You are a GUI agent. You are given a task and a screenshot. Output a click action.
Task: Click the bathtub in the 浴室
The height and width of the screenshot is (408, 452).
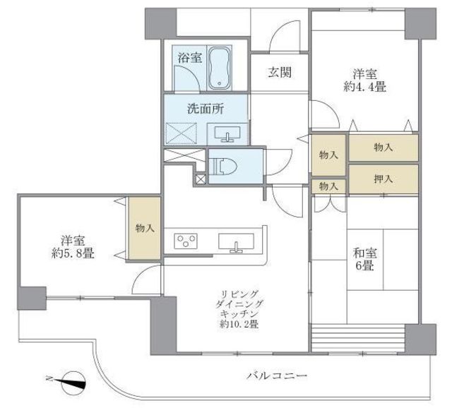(x=220, y=68)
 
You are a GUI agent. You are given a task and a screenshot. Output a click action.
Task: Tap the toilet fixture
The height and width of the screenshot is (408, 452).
(x=222, y=167)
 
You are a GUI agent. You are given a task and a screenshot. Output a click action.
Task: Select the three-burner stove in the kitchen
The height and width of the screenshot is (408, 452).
(x=186, y=241)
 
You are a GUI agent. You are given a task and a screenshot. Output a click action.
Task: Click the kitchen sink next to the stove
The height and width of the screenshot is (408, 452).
(x=236, y=242)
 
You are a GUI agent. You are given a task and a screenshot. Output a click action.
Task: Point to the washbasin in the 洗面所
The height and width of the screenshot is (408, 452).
(x=227, y=134)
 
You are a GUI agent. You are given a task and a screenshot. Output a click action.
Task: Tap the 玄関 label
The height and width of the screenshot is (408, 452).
(x=280, y=72)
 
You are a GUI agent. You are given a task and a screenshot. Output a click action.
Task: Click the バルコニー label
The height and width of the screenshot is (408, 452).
(x=277, y=376)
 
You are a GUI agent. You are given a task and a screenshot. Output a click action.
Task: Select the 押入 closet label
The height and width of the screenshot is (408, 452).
(x=383, y=179)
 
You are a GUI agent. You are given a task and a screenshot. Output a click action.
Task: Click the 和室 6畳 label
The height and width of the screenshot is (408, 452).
(x=365, y=259)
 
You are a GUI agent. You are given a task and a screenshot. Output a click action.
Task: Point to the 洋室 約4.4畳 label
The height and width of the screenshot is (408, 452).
(x=365, y=80)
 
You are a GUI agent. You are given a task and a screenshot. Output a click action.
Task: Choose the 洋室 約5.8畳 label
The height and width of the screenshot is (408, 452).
(x=73, y=246)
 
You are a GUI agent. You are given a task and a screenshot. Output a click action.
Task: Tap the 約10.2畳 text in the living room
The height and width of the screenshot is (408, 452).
(x=239, y=324)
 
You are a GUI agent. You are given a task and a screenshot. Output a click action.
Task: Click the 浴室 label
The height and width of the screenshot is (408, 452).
(x=190, y=58)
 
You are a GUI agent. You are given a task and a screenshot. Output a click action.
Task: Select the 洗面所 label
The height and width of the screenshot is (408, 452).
(x=206, y=109)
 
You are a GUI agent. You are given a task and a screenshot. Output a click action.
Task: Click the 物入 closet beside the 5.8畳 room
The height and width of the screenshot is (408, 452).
(x=144, y=229)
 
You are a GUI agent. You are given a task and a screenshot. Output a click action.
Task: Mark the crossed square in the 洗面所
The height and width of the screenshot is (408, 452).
(x=182, y=133)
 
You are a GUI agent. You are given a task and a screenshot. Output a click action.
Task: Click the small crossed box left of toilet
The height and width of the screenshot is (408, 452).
(x=201, y=179)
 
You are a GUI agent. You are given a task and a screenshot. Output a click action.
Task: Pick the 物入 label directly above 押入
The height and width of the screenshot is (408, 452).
(x=383, y=148)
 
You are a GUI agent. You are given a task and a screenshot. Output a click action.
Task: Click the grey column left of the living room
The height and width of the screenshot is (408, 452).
(x=163, y=325)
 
